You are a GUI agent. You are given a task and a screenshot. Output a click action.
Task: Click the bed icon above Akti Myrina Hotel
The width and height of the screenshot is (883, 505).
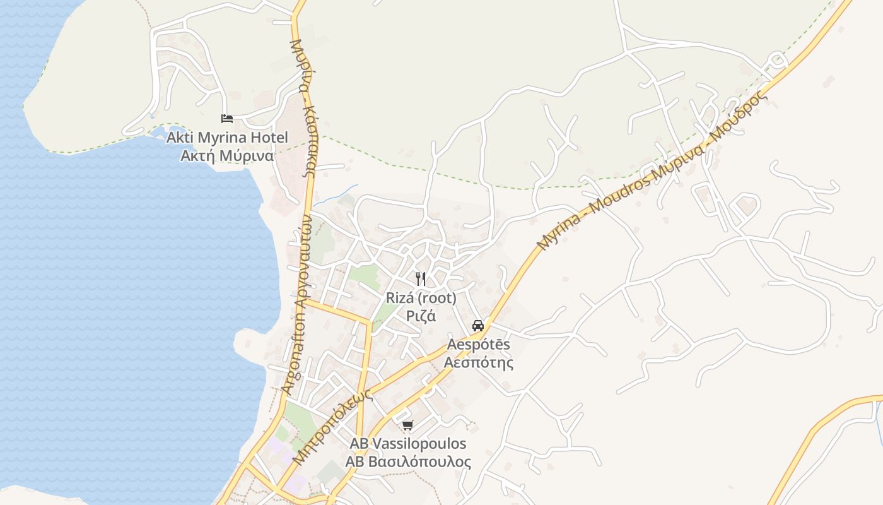coord(227,118)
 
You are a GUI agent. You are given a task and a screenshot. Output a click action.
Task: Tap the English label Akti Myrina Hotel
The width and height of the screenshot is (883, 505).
coord(227,138)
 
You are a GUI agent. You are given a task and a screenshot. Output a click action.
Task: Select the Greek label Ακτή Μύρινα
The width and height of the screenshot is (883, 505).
coord(227,156)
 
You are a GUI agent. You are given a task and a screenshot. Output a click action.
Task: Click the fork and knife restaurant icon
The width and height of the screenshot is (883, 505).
coord(421,278)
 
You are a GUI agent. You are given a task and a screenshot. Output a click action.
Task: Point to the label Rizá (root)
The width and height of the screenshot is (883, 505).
coord(421,298)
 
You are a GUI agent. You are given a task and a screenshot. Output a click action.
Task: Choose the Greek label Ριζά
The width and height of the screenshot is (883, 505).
coord(421,316)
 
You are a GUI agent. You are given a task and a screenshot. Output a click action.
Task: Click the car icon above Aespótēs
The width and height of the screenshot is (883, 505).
coord(478,326)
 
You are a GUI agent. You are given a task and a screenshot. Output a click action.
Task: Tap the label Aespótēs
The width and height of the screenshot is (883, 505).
coord(478,345)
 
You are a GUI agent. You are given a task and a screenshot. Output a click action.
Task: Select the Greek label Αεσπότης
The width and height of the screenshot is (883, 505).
coord(478,363)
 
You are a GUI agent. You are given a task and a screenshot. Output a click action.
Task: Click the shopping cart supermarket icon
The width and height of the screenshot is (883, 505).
coord(408,425)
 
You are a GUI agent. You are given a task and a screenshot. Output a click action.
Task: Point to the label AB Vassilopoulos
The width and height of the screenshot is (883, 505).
coord(408,443)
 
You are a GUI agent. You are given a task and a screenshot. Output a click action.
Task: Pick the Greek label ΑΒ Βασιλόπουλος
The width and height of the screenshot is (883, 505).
coord(408,462)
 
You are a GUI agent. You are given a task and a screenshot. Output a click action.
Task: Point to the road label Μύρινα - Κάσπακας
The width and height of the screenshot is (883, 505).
coord(303,107)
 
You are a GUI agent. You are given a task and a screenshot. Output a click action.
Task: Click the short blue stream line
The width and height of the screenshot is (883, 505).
coord(337,194)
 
